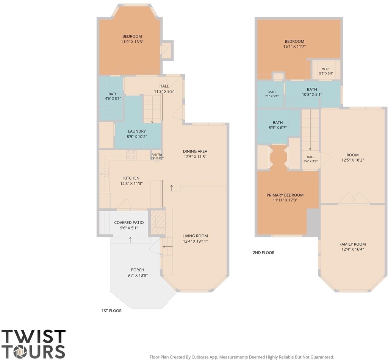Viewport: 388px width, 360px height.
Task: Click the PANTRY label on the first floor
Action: click(157, 155)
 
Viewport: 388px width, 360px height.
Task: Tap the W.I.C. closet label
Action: click(326, 69)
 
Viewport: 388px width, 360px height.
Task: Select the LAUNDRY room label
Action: click(137, 131)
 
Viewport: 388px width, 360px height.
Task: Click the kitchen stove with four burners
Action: click(131, 155)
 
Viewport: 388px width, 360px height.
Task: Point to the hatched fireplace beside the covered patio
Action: click(158, 223)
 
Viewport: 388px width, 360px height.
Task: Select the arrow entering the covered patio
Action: click(130, 240)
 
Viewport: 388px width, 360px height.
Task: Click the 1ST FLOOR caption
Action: click(111, 311)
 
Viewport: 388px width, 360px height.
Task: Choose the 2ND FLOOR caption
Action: click(264, 253)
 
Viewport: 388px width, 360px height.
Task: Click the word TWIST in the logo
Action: click(34, 336)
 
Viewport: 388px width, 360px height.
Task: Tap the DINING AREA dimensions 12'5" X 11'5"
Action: click(195, 156)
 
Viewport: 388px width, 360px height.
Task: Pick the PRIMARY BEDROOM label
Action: click(285, 195)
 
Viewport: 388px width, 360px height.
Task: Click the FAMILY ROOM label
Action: click(353, 244)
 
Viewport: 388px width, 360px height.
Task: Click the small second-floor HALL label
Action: click(311, 157)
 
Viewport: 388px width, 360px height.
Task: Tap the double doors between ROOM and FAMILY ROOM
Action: click(354, 198)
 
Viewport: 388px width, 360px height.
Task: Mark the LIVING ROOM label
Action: click(195, 236)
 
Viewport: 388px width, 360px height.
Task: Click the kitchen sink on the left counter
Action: click(105, 173)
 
